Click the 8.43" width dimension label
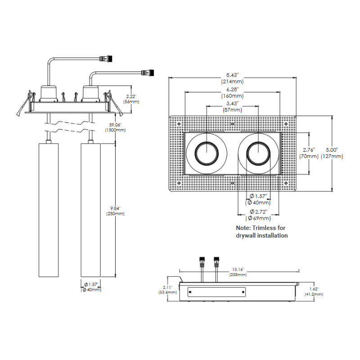(232, 75)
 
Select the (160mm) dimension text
(232, 96)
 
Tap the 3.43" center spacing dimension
(232, 103)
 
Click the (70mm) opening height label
(309, 156)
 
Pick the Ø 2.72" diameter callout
(258, 211)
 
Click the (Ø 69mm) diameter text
(258, 218)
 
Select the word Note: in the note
(246, 228)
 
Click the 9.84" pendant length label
(115, 208)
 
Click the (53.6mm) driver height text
(167, 292)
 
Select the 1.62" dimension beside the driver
(313, 288)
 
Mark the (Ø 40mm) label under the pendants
(90, 290)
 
